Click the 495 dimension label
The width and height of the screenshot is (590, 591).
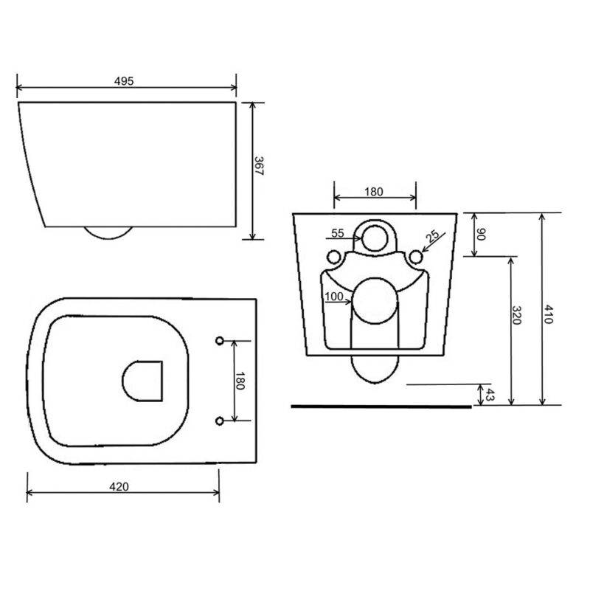124,81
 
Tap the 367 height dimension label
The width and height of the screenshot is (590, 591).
259,166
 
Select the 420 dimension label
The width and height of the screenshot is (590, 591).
119,486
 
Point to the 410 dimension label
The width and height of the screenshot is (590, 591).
548,314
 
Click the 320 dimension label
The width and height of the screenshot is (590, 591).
516,315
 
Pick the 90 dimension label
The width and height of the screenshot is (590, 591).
481,235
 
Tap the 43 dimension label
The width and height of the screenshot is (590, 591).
490,395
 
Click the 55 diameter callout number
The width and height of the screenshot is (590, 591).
338,233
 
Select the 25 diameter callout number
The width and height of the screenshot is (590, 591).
432,236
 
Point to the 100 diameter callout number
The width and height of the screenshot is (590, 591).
334,297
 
